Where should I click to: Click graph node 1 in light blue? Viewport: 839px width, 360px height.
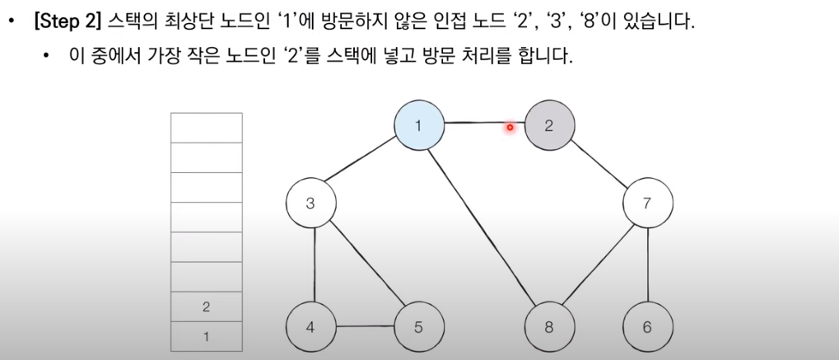tap(418, 126)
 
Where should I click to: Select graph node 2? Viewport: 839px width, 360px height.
tap(549, 126)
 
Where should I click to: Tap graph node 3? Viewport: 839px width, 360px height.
tap(310, 203)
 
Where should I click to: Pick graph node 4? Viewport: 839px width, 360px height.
tap(310, 327)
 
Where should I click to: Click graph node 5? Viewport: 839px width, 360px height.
tap(418, 327)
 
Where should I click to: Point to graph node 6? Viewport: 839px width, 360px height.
tap(647, 327)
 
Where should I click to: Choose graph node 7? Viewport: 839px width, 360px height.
tap(647, 203)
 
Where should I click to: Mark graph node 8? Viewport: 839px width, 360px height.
tap(549, 327)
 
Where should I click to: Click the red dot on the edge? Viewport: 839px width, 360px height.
tap(510, 127)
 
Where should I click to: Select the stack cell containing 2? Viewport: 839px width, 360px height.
tap(206, 307)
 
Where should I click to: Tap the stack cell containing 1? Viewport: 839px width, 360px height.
tap(206, 336)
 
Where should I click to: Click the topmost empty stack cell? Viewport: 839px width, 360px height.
tap(206, 128)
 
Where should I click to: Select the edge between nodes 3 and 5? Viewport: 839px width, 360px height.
tap(364, 264)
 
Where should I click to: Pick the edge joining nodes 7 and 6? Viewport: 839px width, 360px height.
tap(647, 264)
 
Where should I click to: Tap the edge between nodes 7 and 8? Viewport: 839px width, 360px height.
tap(599, 264)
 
